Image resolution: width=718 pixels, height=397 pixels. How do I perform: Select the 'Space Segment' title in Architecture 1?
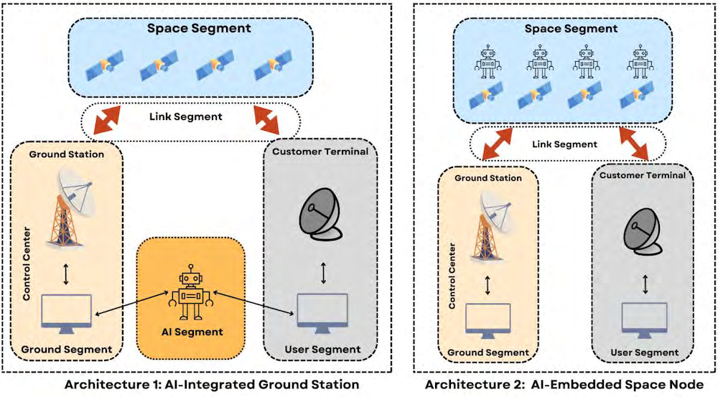pyautogui.click(x=189, y=29)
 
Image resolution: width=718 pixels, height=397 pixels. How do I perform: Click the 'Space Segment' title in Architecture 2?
pyautogui.click(x=570, y=29)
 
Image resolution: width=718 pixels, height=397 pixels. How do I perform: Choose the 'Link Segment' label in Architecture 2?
pyautogui.click(x=565, y=144)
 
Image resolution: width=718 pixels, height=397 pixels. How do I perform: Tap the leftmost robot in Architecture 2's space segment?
pyautogui.click(x=488, y=62)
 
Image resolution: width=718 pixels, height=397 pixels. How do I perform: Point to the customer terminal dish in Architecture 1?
pyautogui.click(x=318, y=215)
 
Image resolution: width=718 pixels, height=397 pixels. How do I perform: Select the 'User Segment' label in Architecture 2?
pyautogui.click(x=644, y=352)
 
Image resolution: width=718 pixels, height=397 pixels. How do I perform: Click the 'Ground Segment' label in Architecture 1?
pyautogui.click(x=66, y=350)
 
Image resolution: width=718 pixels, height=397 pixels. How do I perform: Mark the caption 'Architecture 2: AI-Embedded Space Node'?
pyautogui.click(x=564, y=385)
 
